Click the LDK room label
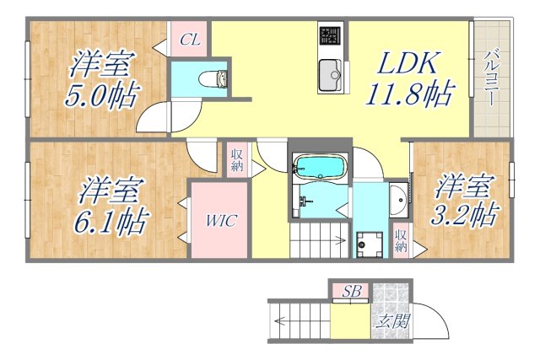click(408, 62)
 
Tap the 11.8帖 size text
click(408, 93)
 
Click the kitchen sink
click(328, 75)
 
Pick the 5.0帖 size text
click(103, 93)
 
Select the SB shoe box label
click(352, 291)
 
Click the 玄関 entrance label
click(391, 321)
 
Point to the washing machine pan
click(368, 244)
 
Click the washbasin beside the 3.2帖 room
click(397, 200)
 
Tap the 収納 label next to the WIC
click(235, 159)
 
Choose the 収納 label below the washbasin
click(401, 241)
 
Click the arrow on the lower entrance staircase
click(279, 320)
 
